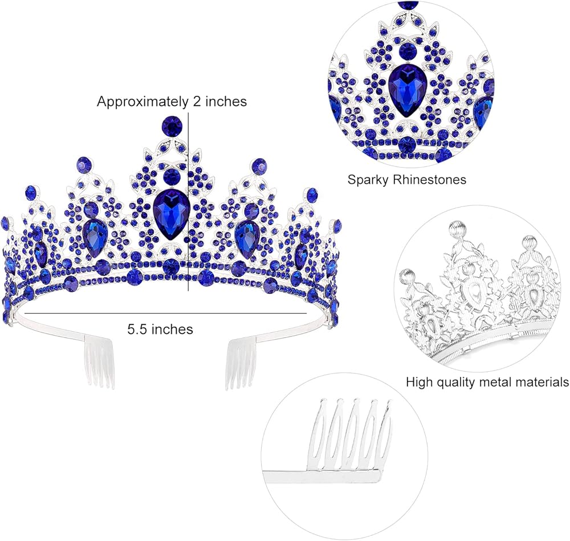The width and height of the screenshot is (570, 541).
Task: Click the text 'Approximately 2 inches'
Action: (171, 101)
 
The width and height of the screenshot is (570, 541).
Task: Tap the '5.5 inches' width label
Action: (160, 329)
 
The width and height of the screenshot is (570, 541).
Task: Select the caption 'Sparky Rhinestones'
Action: (407, 180)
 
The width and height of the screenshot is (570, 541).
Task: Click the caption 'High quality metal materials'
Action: (487, 381)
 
